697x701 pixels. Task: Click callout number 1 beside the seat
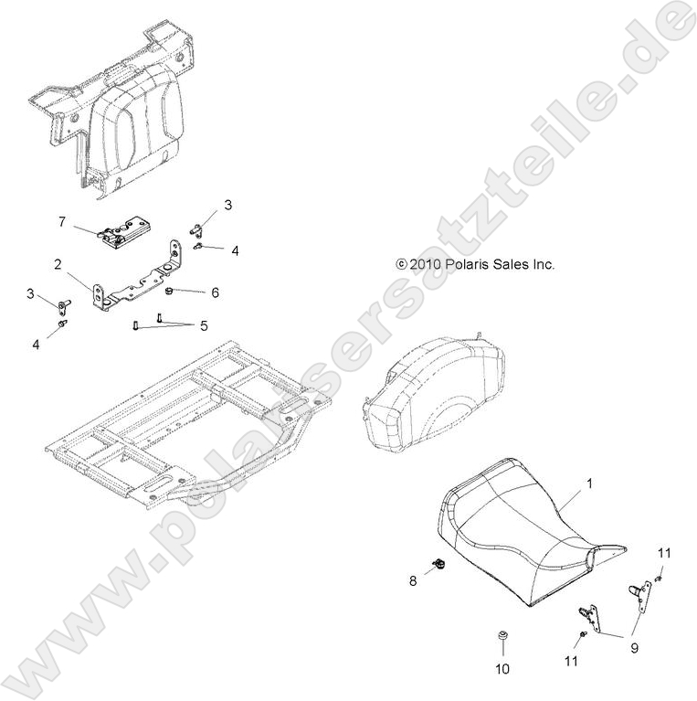tap(589, 482)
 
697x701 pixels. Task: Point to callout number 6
tap(216, 292)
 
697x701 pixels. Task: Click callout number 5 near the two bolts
tap(204, 325)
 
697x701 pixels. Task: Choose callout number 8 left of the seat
tap(413, 579)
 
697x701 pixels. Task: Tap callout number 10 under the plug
tap(502, 668)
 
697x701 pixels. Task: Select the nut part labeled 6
tap(171, 292)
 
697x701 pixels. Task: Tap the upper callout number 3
tap(228, 205)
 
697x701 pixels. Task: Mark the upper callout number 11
tap(664, 552)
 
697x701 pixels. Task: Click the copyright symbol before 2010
tap(400, 264)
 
